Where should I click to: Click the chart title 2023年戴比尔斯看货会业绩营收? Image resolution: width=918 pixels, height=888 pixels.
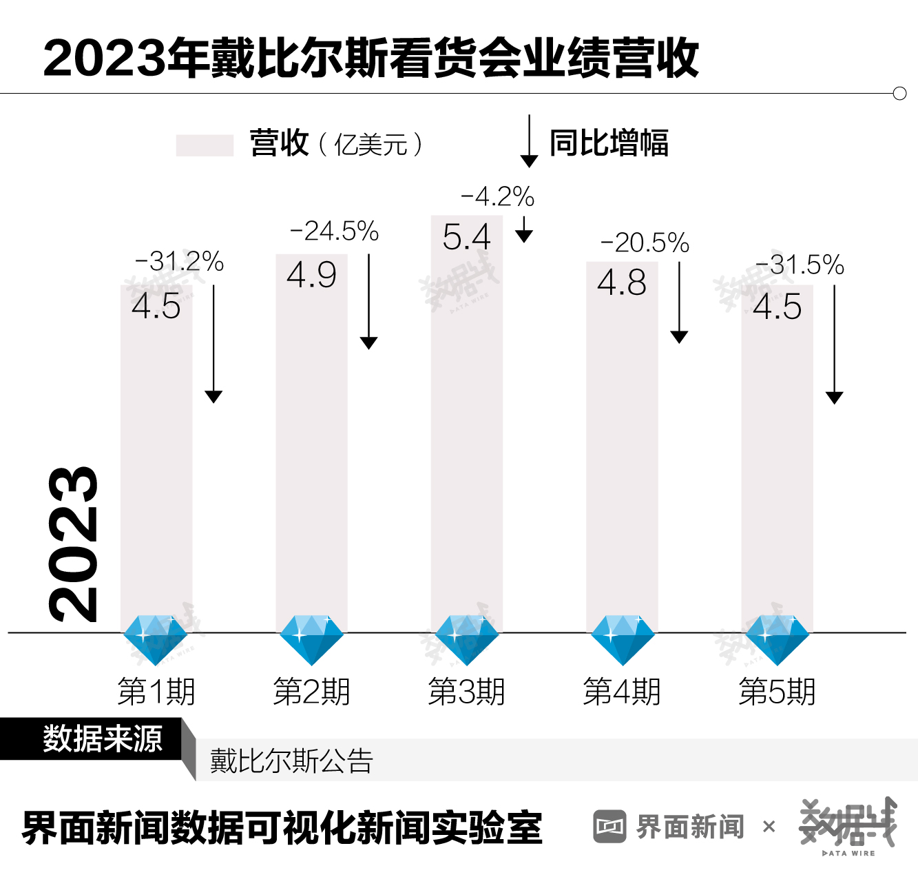tap(371, 58)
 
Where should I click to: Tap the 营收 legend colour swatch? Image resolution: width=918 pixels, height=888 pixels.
tap(205, 145)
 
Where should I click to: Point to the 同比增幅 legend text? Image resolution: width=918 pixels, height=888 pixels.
tap(609, 143)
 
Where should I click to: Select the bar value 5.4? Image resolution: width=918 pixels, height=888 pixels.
tap(466, 237)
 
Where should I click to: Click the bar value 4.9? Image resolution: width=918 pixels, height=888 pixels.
tap(311, 275)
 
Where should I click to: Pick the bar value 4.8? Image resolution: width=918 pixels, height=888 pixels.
tap(621, 282)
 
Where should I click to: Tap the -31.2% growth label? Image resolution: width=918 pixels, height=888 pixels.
tap(180, 261)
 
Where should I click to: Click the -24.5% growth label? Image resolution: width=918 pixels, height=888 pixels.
tap(335, 231)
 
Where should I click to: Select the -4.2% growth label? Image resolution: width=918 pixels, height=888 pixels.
tap(497, 196)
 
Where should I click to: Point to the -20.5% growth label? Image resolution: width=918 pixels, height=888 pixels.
tap(645, 242)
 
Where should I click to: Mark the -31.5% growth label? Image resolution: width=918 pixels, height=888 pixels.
tap(800, 265)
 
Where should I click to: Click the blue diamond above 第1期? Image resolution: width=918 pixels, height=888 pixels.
tap(156, 639)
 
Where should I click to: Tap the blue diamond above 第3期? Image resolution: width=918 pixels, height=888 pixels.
tap(466, 639)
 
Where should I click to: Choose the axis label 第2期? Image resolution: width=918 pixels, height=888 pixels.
tap(311, 692)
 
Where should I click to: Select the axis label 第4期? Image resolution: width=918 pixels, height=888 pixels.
tap(621, 692)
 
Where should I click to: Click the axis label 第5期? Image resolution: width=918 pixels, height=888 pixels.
tap(777, 692)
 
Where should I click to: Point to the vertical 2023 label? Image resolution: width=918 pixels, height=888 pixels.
tap(73, 544)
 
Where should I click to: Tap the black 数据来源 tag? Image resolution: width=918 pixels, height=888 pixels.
tap(102, 739)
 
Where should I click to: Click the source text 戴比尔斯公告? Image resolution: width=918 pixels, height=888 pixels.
tap(291, 761)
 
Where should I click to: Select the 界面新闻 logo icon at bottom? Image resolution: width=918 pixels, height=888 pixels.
tap(609, 826)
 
